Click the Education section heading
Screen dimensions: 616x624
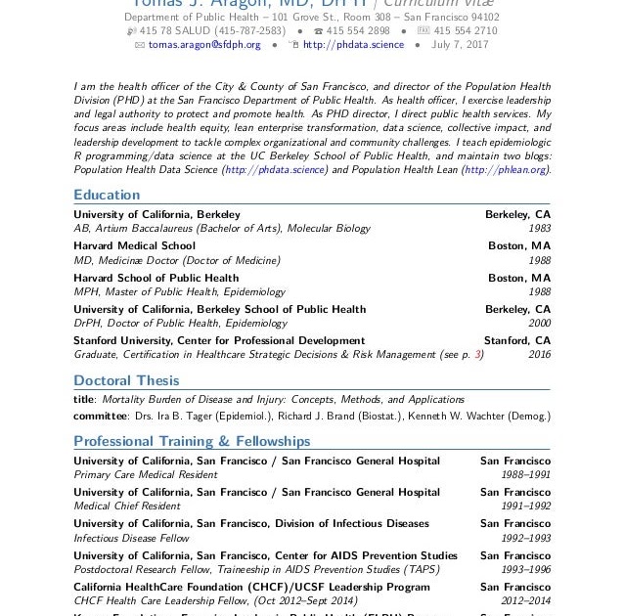(x=107, y=195)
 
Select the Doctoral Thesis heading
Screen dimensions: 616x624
(x=126, y=380)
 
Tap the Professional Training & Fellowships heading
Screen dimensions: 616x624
(x=192, y=441)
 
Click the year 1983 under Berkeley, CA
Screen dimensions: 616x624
(x=539, y=229)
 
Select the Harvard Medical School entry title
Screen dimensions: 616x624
(x=134, y=245)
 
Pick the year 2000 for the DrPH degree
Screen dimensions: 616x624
(x=539, y=323)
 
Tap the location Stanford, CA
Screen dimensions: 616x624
(x=517, y=340)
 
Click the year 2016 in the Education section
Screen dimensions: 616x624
(x=539, y=355)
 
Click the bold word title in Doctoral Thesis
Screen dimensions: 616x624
(x=84, y=399)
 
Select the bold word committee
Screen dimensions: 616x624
(x=100, y=416)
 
